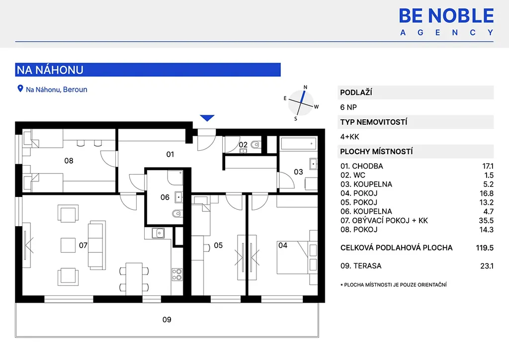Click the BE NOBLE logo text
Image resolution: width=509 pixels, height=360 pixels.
point(446,16)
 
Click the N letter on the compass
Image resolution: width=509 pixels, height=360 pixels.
point(305,87)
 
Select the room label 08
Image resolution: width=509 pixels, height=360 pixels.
point(69,161)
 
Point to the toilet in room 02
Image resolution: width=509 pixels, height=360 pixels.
point(256,145)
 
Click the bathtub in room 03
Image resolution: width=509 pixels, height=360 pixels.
point(298,144)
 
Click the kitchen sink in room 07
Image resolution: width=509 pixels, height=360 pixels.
point(159,233)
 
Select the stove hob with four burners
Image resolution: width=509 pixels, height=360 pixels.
point(177,274)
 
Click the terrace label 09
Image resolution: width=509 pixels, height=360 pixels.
point(167,320)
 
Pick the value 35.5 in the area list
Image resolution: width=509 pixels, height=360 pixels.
point(486,221)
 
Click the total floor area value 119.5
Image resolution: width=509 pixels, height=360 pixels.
point(485,248)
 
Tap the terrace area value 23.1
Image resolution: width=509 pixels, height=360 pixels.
point(487,266)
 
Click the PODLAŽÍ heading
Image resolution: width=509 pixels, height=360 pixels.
point(356,92)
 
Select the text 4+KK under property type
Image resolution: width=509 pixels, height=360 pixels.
point(349,137)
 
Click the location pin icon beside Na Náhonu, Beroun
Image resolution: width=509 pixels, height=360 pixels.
point(20,89)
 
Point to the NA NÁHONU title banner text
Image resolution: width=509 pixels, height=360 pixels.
point(50,70)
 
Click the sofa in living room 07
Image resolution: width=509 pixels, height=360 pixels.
point(97,245)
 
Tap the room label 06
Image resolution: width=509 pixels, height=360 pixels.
point(165,197)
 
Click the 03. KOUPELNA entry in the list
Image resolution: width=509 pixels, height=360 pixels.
point(366,184)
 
